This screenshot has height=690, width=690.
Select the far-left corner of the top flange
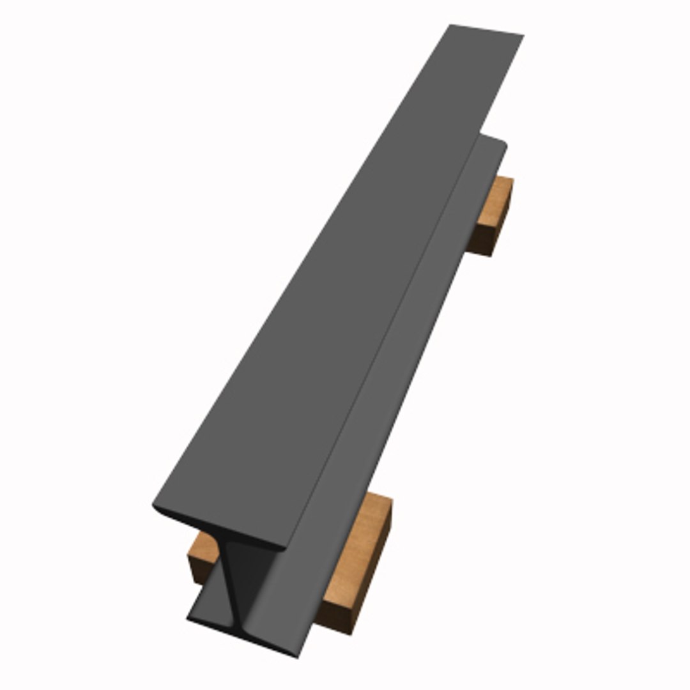[x=450, y=26]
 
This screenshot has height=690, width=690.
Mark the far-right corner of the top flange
[x=523, y=35]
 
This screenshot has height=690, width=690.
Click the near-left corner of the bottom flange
[x=189, y=618]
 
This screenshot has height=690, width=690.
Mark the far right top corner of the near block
[x=391, y=502]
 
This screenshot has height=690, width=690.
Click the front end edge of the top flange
[x=217, y=530]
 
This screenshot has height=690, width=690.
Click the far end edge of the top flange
[x=487, y=30]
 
